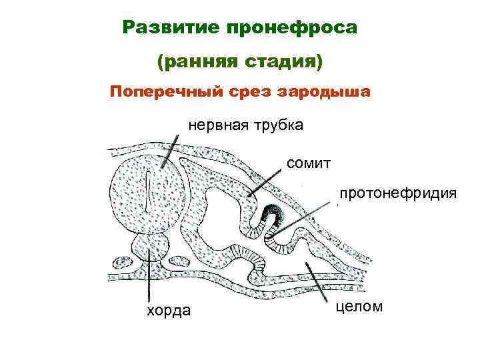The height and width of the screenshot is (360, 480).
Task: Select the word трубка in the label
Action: coord(278,125)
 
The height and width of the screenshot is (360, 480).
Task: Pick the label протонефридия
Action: coord(397,193)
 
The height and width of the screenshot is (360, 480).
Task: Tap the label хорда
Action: coord(168,311)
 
